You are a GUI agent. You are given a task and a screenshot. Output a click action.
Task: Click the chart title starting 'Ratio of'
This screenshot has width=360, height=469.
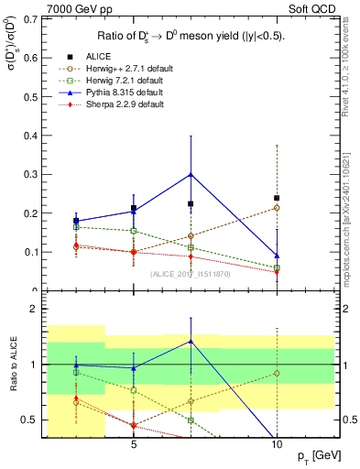click(x=191, y=37)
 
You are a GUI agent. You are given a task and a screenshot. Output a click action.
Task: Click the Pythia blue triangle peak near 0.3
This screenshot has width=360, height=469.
click(x=191, y=173)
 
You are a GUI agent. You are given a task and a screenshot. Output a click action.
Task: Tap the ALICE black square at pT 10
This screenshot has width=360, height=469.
click(x=277, y=198)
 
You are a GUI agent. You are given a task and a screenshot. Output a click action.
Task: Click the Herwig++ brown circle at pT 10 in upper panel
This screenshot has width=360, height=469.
click(x=277, y=208)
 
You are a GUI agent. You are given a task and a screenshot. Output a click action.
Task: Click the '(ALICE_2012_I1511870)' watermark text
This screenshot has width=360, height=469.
click(x=191, y=273)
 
